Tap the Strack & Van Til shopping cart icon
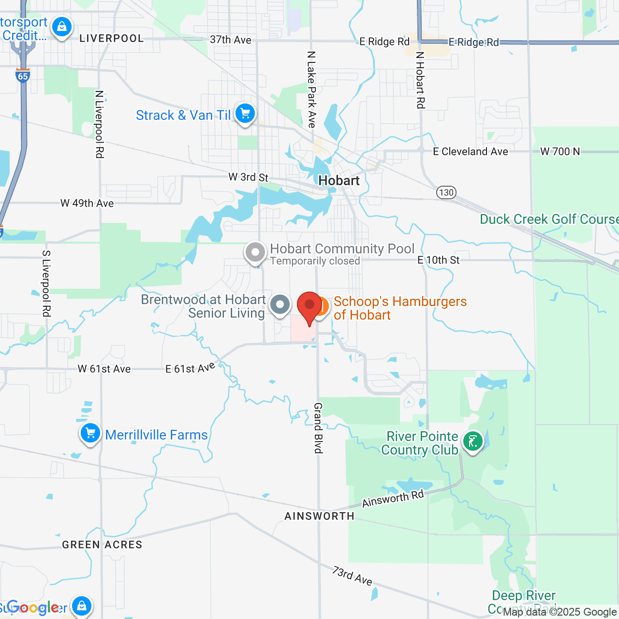click(245, 114)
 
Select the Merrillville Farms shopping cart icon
click(90, 433)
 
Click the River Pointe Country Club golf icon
click(472, 442)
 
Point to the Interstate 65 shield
click(23, 75)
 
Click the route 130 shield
click(446, 192)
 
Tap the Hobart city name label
click(339, 181)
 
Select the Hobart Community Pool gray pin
click(255, 252)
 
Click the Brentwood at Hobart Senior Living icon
click(280, 305)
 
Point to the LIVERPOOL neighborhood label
click(112, 39)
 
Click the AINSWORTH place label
click(319, 516)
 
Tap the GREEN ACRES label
click(102, 545)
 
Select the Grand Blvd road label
click(318, 428)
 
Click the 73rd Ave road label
click(352, 576)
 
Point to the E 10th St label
click(438, 260)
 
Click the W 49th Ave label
click(87, 204)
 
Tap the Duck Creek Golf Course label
click(549, 219)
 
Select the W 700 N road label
click(560, 151)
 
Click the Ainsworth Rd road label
click(393, 499)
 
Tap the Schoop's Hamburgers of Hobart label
click(400, 308)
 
